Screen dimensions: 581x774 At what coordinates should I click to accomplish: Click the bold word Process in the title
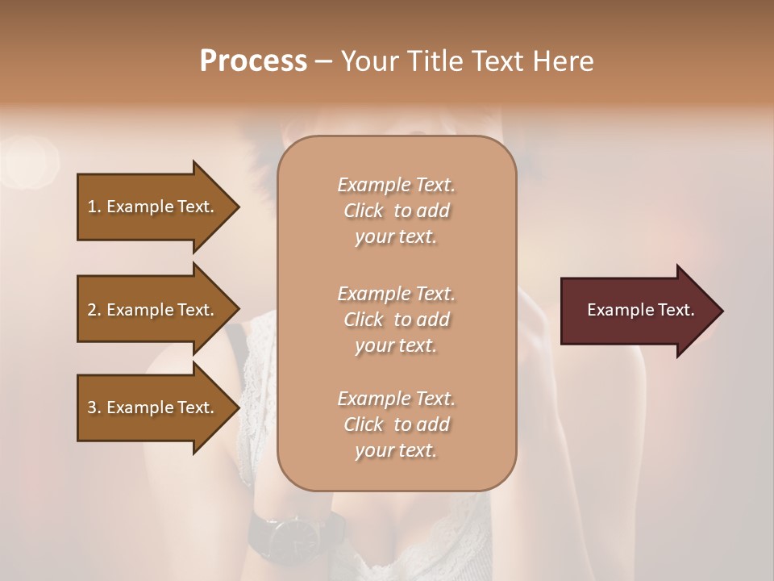point(253,61)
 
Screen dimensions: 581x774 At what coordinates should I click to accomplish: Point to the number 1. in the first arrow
point(94,207)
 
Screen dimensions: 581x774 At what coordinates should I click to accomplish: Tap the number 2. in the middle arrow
point(94,310)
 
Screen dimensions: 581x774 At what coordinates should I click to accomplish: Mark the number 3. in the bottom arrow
point(94,408)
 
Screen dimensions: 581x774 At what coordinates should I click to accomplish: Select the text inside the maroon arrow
point(641,310)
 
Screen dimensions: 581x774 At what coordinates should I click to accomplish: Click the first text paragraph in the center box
point(396,211)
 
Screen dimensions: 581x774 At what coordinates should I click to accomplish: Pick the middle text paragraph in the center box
point(396,319)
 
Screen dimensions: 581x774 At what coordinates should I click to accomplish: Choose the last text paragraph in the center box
point(396,424)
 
